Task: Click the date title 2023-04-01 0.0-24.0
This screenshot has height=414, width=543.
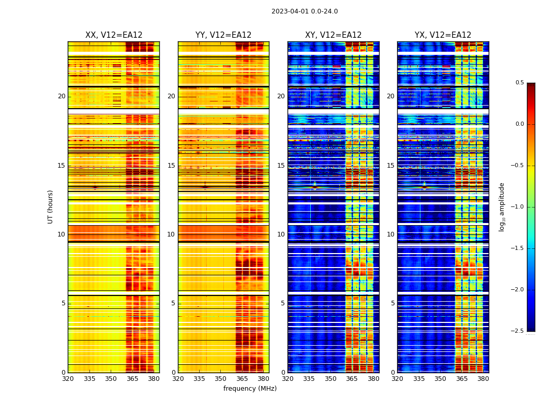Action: pos(305,11)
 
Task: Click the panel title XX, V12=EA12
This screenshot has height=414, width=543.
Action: pos(114,35)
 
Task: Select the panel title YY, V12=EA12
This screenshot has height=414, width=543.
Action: pos(223,35)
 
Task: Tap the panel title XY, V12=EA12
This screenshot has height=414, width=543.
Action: pos(334,35)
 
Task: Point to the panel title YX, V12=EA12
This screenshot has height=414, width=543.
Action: pos(443,35)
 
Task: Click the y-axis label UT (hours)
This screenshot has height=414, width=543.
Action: pos(51,206)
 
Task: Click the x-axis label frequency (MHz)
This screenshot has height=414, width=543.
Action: pos(250,389)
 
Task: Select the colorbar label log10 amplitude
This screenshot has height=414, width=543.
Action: pos(502,206)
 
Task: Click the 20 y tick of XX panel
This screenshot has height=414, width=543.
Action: pos(62,96)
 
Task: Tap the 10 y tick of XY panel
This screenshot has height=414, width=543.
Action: pos(281,234)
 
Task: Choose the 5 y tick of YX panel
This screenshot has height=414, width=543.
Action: pos(393,303)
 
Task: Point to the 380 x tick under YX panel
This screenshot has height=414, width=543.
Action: pos(483,378)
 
